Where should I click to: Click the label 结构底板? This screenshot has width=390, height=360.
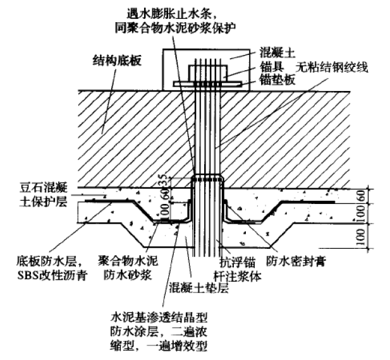(x=118, y=60)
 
